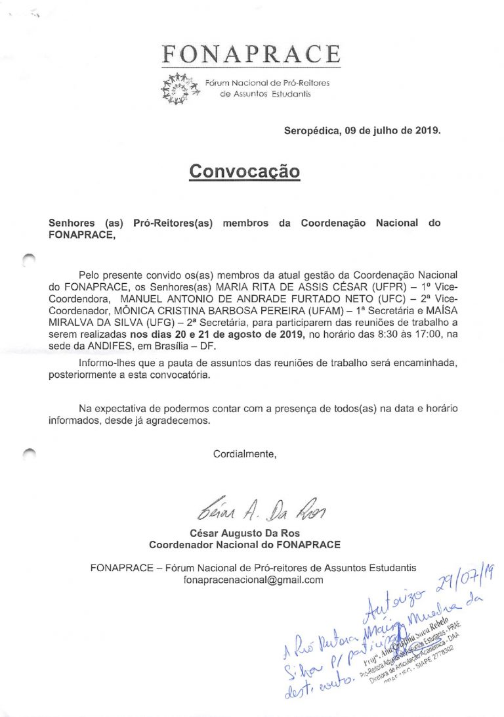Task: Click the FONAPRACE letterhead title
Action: tap(251, 53)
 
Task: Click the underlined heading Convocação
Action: tap(244, 171)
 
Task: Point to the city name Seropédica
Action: tap(312, 130)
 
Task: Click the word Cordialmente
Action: tap(245, 453)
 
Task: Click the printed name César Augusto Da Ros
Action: tap(244, 533)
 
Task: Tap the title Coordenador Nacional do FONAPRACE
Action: tap(244, 545)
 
